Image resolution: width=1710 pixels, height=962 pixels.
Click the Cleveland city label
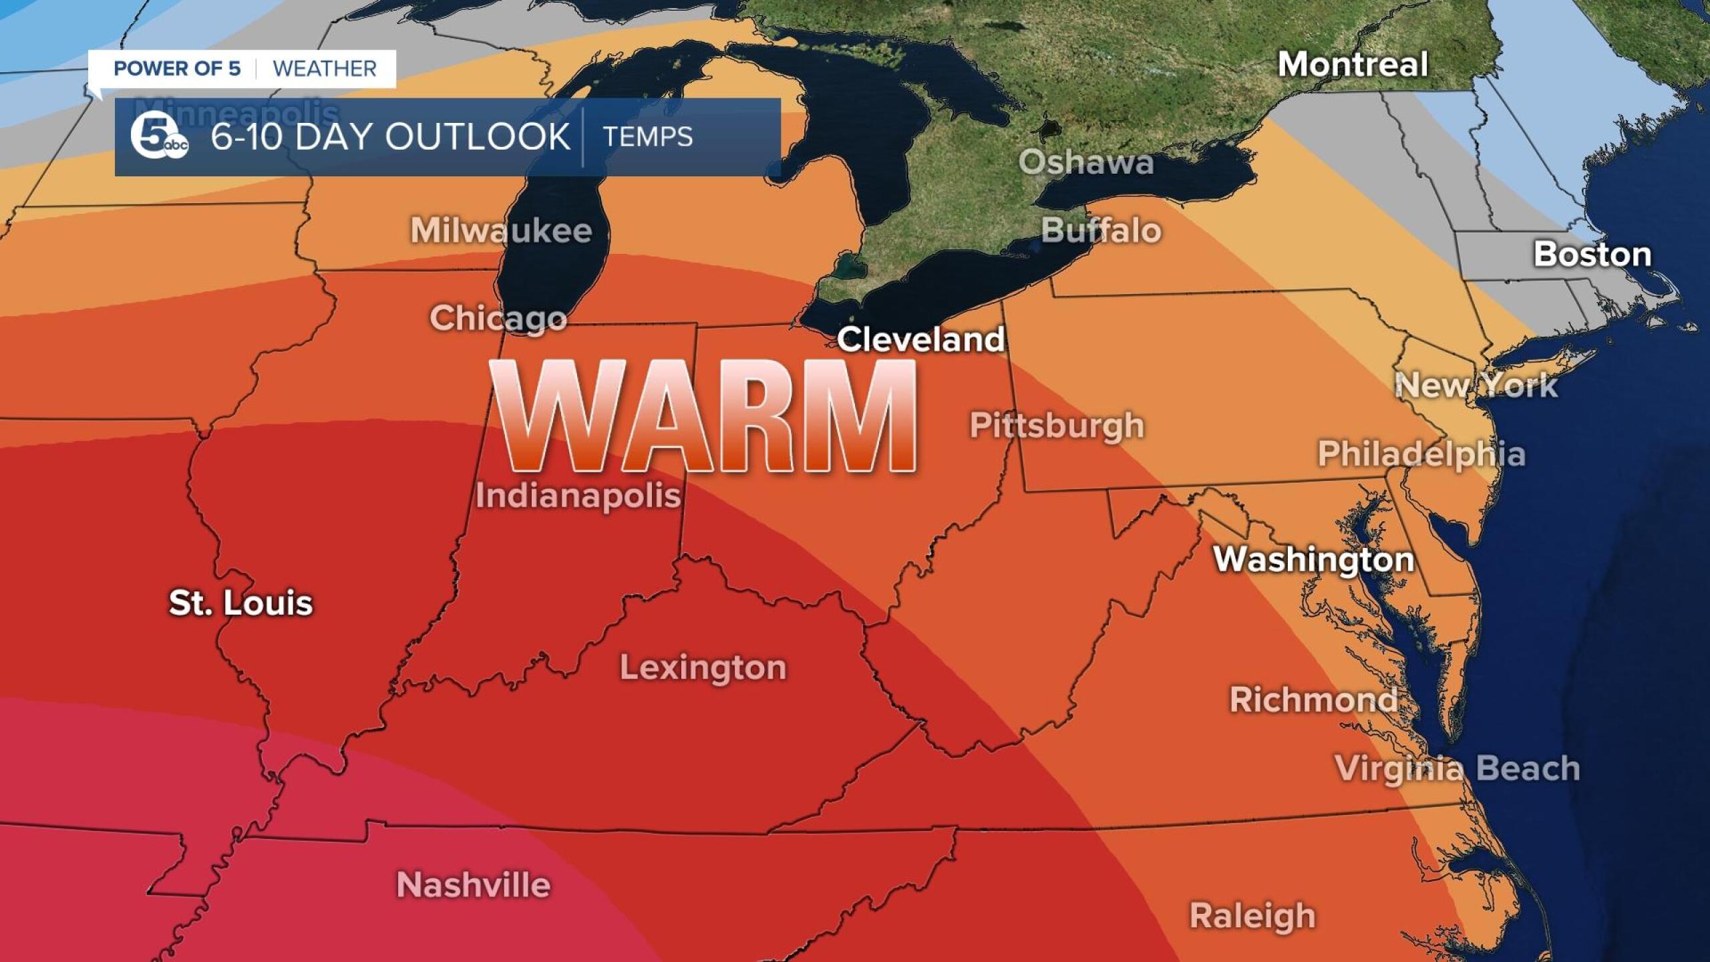tap(920, 339)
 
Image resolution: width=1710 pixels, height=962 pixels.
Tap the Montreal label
tap(1353, 65)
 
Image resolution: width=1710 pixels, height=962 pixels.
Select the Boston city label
tap(1592, 255)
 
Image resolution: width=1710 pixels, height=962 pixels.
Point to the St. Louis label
tap(240, 603)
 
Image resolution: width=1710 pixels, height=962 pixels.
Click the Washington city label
tap(1314, 559)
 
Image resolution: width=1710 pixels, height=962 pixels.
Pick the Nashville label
tap(474, 885)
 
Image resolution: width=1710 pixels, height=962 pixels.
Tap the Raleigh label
tap(1252, 915)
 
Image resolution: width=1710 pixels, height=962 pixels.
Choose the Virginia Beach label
tap(1458, 768)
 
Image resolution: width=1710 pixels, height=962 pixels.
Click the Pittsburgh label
tap(1057, 426)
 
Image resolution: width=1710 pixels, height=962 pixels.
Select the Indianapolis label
tap(578, 496)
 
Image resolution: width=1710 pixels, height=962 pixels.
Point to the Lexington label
tap(703, 667)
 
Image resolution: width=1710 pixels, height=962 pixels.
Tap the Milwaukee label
tap(501, 231)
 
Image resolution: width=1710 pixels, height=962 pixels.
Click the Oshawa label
tap(1086, 162)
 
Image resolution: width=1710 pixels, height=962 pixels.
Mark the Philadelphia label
tap(1421, 454)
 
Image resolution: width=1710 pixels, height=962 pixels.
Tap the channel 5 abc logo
tap(158, 138)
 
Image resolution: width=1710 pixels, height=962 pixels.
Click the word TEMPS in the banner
tap(648, 137)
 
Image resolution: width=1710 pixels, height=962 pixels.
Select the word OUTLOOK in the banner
tap(477, 137)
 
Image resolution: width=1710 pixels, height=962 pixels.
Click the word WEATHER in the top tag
tap(325, 69)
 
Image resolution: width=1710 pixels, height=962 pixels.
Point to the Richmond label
tap(1313, 699)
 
